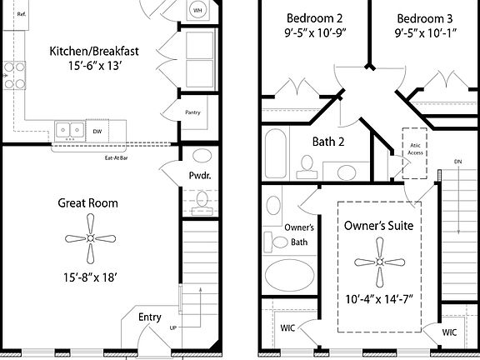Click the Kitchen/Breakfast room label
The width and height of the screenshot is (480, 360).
94,51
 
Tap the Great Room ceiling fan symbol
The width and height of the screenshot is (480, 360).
90,238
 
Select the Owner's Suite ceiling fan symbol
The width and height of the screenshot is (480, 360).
380,262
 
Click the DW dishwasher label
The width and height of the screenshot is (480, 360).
97,132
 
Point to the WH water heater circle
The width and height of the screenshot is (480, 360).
197,10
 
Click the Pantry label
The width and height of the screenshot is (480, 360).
192,112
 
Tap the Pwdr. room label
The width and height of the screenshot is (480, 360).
200,176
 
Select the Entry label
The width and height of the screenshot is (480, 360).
150,317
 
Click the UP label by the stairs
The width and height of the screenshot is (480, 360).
173,327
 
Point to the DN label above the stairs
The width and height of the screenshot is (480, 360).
458,162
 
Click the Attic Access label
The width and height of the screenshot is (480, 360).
415,149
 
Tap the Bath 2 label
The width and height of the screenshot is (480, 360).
328,142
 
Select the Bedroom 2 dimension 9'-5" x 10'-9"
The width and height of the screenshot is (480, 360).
315,32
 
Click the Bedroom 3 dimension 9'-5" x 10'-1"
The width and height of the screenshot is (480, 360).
426,32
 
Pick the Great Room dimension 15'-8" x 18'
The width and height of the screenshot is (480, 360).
90,277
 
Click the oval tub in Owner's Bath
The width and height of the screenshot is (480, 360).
290,275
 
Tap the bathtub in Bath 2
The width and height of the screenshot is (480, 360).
276,153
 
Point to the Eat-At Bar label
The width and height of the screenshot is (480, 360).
117,158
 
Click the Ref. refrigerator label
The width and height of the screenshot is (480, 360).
22,14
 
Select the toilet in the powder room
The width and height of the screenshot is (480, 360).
202,202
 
